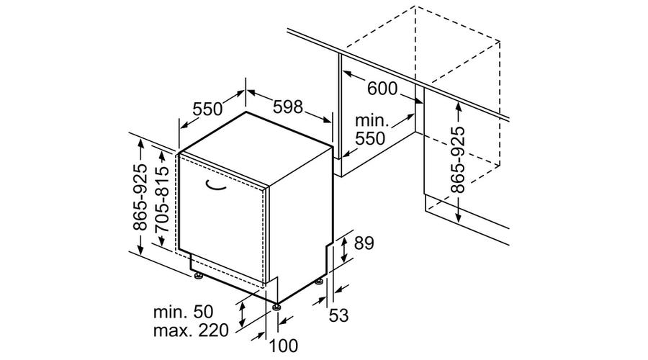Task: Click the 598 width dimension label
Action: pyautogui.click(x=288, y=107)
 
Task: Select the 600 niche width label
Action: pyautogui.click(x=382, y=89)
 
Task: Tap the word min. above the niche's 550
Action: pyautogui.click(x=372, y=121)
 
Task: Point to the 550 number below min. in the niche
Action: pyautogui.click(x=370, y=138)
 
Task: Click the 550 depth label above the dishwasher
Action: pyautogui.click(x=207, y=109)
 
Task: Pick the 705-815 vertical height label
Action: pyautogui.click(x=161, y=199)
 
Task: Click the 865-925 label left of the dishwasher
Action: pyautogui.click(x=140, y=197)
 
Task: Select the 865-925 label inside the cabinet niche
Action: pyautogui.click(x=457, y=160)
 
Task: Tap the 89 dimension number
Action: pyautogui.click(x=364, y=243)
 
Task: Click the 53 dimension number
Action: pyautogui.click(x=339, y=316)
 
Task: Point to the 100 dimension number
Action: pyautogui.click(x=284, y=346)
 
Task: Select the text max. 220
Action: pyautogui.click(x=191, y=330)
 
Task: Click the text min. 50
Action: pyautogui.click(x=183, y=312)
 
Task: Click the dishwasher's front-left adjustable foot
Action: pyautogui.click(x=199, y=276)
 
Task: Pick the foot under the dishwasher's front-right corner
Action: pyautogui.click(x=276, y=307)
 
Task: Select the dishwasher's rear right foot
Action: pyautogui.click(x=319, y=282)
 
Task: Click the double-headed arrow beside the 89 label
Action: pyautogui.click(x=344, y=250)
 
